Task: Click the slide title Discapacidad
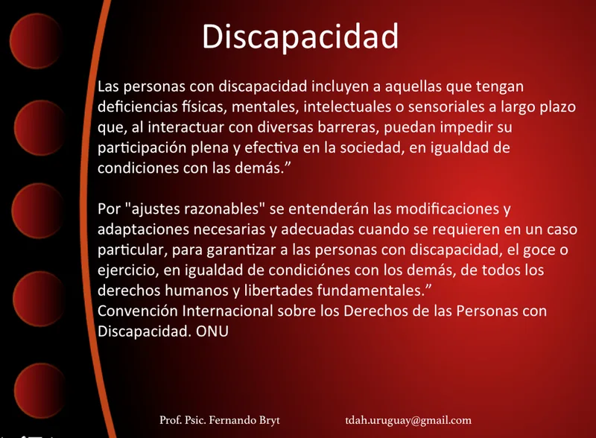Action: click(300, 37)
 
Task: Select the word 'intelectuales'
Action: click(347, 107)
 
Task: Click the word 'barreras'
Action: click(348, 127)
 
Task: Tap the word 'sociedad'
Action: click(371, 148)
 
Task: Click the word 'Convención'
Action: click(138, 311)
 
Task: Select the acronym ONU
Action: click(212, 331)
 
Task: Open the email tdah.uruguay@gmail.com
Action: click(408, 421)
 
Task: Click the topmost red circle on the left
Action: click(36, 41)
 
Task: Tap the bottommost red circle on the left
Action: click(40, 390)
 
